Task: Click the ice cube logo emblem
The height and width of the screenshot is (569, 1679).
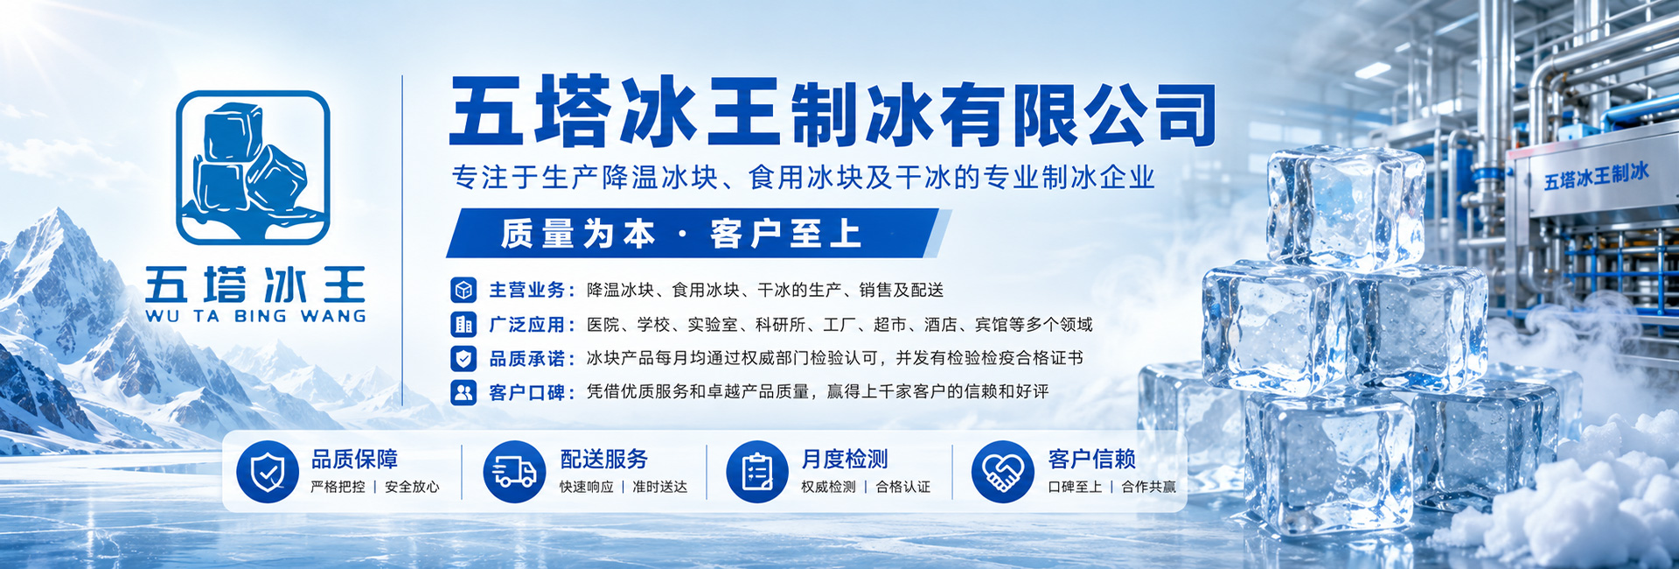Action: pos(253,167)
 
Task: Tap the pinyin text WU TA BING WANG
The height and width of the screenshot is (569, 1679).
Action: pos(255,316)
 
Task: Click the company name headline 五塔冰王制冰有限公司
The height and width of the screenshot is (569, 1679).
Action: pos(832,113)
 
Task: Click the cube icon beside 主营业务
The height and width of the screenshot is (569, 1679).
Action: pos(463,290)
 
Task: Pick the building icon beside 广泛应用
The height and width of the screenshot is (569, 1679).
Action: pos(463,324)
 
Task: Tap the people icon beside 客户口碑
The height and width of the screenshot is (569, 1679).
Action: pos(463,392)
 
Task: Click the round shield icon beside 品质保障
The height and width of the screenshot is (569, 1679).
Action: pos(268,471)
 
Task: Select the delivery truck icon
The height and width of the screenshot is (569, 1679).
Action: pos(514,471)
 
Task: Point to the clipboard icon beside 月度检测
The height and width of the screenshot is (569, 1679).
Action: pos(757,471)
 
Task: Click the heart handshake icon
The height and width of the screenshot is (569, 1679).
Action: pos(1003,471)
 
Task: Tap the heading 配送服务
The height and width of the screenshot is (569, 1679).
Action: pos(603,459)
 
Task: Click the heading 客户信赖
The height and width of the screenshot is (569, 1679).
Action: pos(1091,459)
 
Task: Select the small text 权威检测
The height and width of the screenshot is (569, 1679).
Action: pos(828,487)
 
